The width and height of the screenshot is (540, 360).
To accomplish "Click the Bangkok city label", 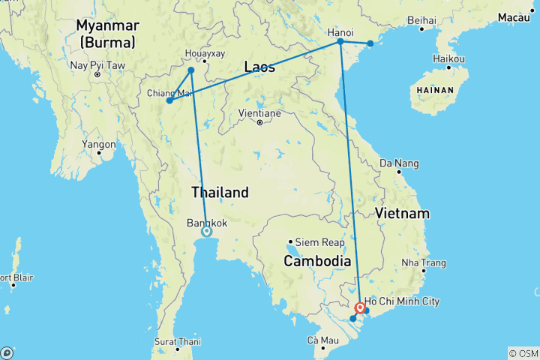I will (x=206, y=223).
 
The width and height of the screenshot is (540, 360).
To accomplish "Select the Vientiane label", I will (x=259, y=112).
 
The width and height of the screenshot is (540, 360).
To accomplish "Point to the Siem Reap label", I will (x=320, y=242).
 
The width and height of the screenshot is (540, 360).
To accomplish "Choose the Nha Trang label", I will (x=424, y=262).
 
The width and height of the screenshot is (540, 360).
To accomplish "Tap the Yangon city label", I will (x=100, y=144).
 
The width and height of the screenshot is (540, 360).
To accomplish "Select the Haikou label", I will (x=449, y=58).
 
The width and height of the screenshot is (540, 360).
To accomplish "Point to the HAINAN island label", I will (x=433, y=90).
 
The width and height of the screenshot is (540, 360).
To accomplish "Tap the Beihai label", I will (x=422, y=19).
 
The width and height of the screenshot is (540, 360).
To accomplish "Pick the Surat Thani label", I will (x=178, y=341).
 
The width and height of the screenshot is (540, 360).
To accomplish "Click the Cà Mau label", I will (x=322, y=341).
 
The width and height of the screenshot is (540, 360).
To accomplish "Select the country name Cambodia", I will (x=316, y=261).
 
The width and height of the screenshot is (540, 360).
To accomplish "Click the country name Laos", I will (x=259, y=67).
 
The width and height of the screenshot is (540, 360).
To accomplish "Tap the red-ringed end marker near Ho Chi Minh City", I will (x=361, y=307).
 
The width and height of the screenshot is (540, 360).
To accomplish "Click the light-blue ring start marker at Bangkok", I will (x=206, y=232).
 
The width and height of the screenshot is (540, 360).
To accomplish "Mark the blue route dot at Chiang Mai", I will (x=170, y=100).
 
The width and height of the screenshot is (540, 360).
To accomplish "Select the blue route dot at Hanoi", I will (x=340, y=42).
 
